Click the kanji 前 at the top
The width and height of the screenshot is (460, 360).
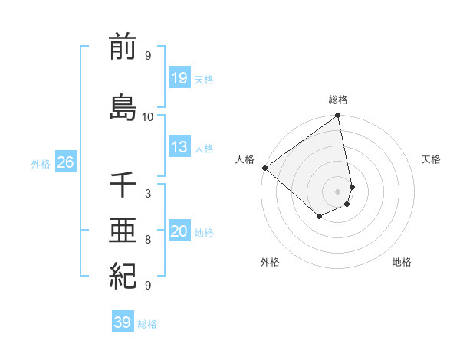pos(123,47)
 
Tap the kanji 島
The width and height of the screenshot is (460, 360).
pos(123,106)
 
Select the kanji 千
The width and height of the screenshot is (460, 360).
pos(123,185)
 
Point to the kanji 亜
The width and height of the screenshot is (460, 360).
pos(123,230)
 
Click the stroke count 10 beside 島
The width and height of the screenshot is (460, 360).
pos(148,117)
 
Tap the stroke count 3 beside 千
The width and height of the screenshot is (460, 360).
pos(148,195)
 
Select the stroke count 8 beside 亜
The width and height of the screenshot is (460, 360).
pos(148,240)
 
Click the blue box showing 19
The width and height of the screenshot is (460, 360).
pos(179,78)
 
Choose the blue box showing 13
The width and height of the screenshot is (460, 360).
pos(179,147)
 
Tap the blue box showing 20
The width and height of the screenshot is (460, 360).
pos(179,231)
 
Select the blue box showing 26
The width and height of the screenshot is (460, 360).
pos(65,162)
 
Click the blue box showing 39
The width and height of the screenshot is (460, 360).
pos(122,322)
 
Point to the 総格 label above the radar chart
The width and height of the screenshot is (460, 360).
pos(338,100)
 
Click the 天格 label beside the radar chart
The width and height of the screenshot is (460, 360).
pos(432,159)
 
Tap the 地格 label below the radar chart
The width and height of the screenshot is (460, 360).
pos(402,262)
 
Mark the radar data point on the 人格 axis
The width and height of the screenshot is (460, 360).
pos(264,168)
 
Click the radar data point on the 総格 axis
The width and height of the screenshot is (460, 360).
pos(337,116)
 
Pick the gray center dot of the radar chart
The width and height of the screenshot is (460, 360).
pos(337,191)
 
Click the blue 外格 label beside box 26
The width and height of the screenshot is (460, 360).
pos(41,163)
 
